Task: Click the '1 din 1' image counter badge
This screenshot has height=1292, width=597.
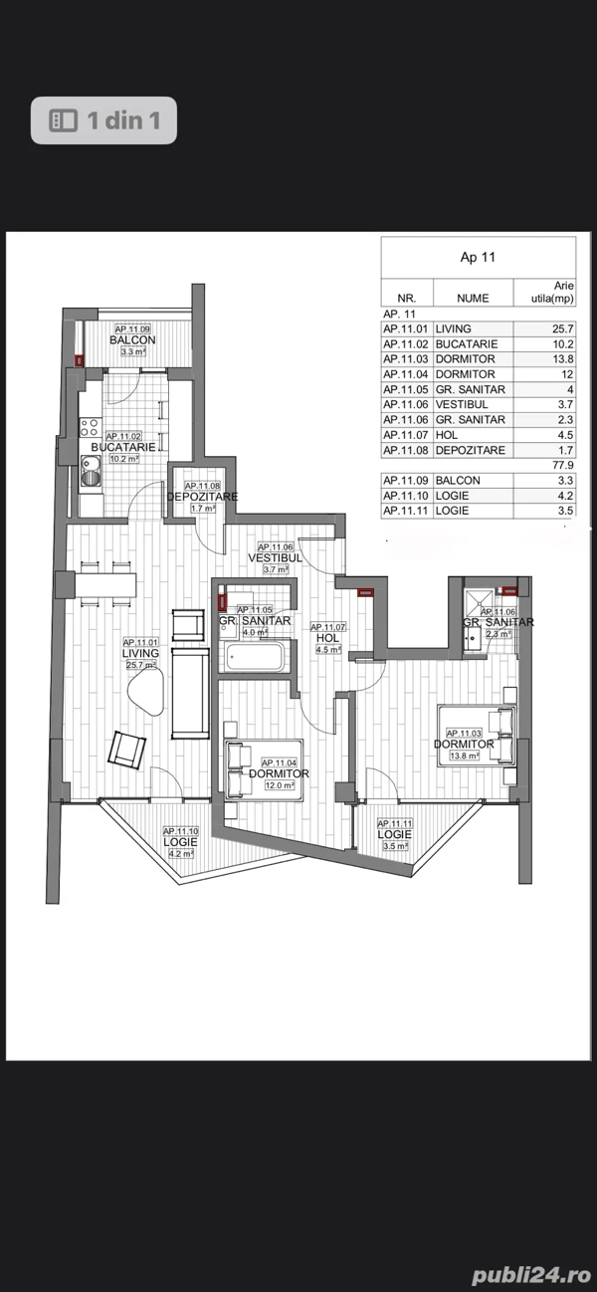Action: [x=103, y=120]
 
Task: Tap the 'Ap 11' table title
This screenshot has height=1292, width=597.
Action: [x=478, y=257]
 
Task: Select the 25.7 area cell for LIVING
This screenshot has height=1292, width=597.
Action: [x=562, y=328]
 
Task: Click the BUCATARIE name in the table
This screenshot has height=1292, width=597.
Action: [x=467, y=343]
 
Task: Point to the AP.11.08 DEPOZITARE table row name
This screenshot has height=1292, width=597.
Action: [x=470, y=450]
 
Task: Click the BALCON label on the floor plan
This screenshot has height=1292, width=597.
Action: [x=132, y=339]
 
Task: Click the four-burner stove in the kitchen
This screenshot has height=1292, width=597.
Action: [x=90, y=427]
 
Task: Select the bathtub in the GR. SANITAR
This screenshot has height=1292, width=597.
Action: [x=255, y=657]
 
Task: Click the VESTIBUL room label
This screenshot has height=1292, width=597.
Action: [x=276, y=557]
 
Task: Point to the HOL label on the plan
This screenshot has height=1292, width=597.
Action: [x=327, y=638]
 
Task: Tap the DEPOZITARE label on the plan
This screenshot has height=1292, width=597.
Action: [x=202, y=497]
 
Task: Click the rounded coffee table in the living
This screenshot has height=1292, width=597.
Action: [x=146, y=694]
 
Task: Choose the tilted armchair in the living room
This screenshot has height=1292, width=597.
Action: [x=126, y=750]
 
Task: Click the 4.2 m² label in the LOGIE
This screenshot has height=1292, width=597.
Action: [x=180, y=854]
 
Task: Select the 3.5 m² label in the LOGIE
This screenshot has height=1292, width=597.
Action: [x=395, y=846]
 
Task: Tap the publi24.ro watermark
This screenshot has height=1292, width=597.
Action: [x=531, y=1275]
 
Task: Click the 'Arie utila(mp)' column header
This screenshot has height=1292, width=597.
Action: [x=552, y=292]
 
